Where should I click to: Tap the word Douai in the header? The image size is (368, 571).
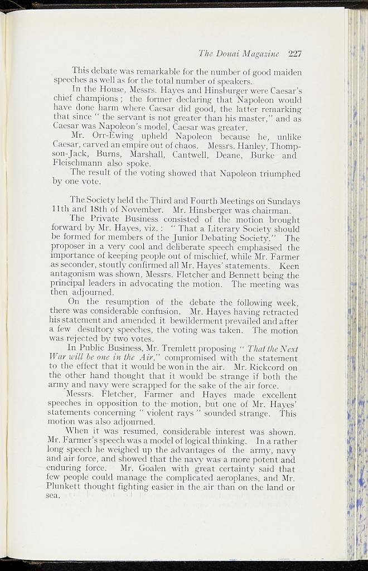230,54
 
